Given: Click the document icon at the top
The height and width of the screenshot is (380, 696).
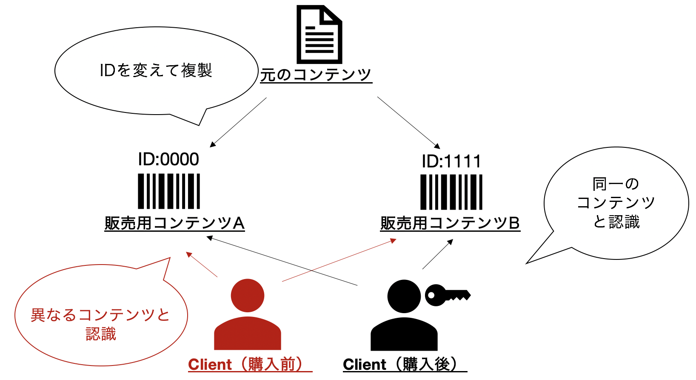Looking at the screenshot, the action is (x=319, y=34).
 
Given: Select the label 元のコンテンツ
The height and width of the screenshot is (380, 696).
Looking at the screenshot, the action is (x=316, y=75).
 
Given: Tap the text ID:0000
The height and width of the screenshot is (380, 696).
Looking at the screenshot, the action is (x=168, y=159).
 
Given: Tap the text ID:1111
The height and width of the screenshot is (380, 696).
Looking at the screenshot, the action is (x=451, y=161).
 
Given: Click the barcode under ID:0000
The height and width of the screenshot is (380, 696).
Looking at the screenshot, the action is (x=169, y=191).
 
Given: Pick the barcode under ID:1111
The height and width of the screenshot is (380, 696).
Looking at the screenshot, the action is (x=451, y=192).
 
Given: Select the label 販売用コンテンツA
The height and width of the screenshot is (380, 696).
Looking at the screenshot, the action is (x=174, y=223).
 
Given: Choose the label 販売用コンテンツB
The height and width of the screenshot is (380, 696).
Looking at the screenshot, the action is (x=450, y=223).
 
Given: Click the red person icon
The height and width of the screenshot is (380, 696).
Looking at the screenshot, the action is (x=248, y=314).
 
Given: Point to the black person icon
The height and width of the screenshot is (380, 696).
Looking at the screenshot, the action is (x=404, y=315).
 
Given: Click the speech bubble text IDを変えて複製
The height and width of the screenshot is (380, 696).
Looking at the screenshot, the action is (x=156, y=70).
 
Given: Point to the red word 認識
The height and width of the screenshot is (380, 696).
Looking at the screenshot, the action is (x=101, y=334).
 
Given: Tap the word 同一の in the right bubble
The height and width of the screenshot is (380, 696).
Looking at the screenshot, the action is (x=616, y=184).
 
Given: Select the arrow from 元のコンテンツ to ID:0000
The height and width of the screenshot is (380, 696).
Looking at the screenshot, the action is (x=238, y=122).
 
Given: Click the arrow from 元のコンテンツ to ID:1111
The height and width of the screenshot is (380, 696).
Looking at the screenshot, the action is (x=409, y=123).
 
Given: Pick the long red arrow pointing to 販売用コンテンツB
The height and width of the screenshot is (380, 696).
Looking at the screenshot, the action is (x=339, y=260).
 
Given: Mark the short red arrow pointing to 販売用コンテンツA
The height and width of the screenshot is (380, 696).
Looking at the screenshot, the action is (x=202, y=264).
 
